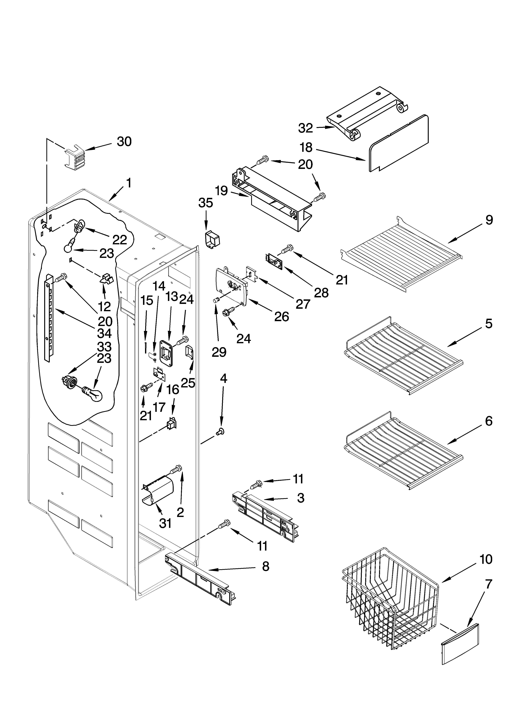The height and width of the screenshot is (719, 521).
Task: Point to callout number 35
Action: tap(206, 203)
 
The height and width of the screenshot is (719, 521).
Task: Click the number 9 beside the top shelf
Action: tap(489, 220)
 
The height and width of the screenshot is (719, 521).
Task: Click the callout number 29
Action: tap(219, 352)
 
